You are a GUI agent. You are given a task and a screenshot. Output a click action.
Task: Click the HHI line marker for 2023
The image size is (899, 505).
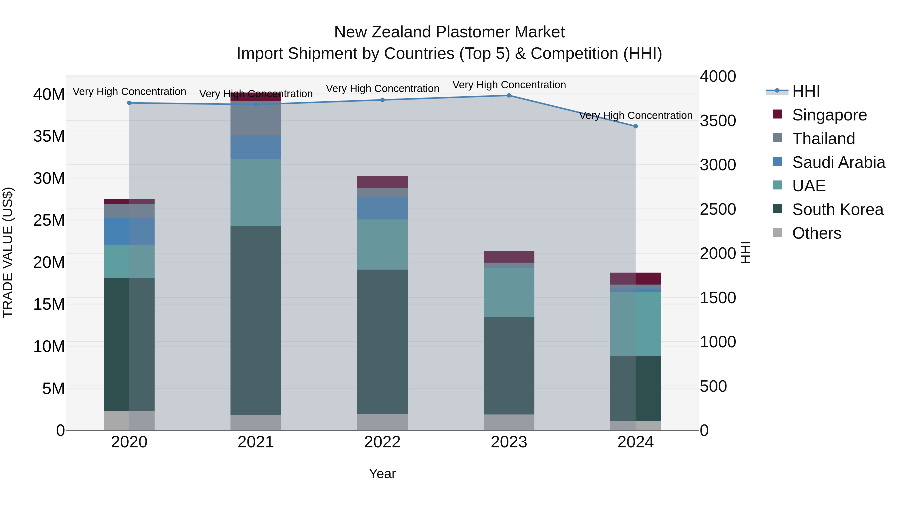coord(509,96)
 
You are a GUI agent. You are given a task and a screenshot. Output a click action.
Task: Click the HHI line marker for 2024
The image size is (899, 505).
coord(636,126)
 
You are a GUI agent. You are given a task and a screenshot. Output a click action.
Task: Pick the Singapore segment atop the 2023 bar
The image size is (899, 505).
coord(509,257)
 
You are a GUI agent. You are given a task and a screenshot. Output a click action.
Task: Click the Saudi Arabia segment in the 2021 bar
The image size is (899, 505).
coord(256,147)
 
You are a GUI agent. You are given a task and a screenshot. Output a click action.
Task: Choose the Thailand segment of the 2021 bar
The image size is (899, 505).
coord(256,120)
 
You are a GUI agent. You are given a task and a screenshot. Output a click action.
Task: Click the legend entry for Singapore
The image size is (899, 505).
coord(829,115)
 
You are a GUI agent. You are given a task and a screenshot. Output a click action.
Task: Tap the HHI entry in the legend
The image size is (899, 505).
coord(805,91)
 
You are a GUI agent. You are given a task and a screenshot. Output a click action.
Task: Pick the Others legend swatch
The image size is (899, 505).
coord(777,232)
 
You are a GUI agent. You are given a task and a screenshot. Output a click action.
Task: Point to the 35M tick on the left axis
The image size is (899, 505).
coord(49,136)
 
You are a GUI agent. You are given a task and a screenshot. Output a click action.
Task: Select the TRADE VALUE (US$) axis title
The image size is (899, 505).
coord(8,252)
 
